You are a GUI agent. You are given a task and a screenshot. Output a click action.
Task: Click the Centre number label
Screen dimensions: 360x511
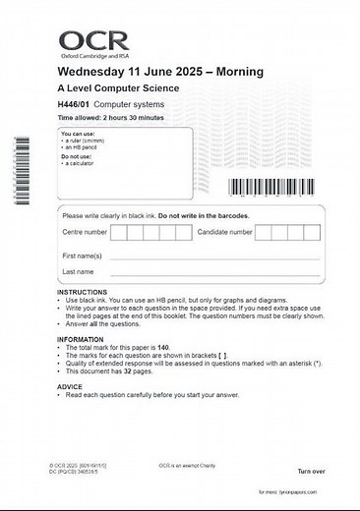click(85, 233)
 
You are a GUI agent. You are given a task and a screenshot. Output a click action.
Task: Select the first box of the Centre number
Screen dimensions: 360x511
click(119, 233)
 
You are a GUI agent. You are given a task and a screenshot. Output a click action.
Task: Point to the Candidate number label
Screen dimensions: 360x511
click(225, 233)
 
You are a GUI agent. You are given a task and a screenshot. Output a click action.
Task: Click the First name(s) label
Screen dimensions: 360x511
click(82, 255)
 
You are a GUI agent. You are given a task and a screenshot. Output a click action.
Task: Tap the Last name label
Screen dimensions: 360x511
click(78, 271)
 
